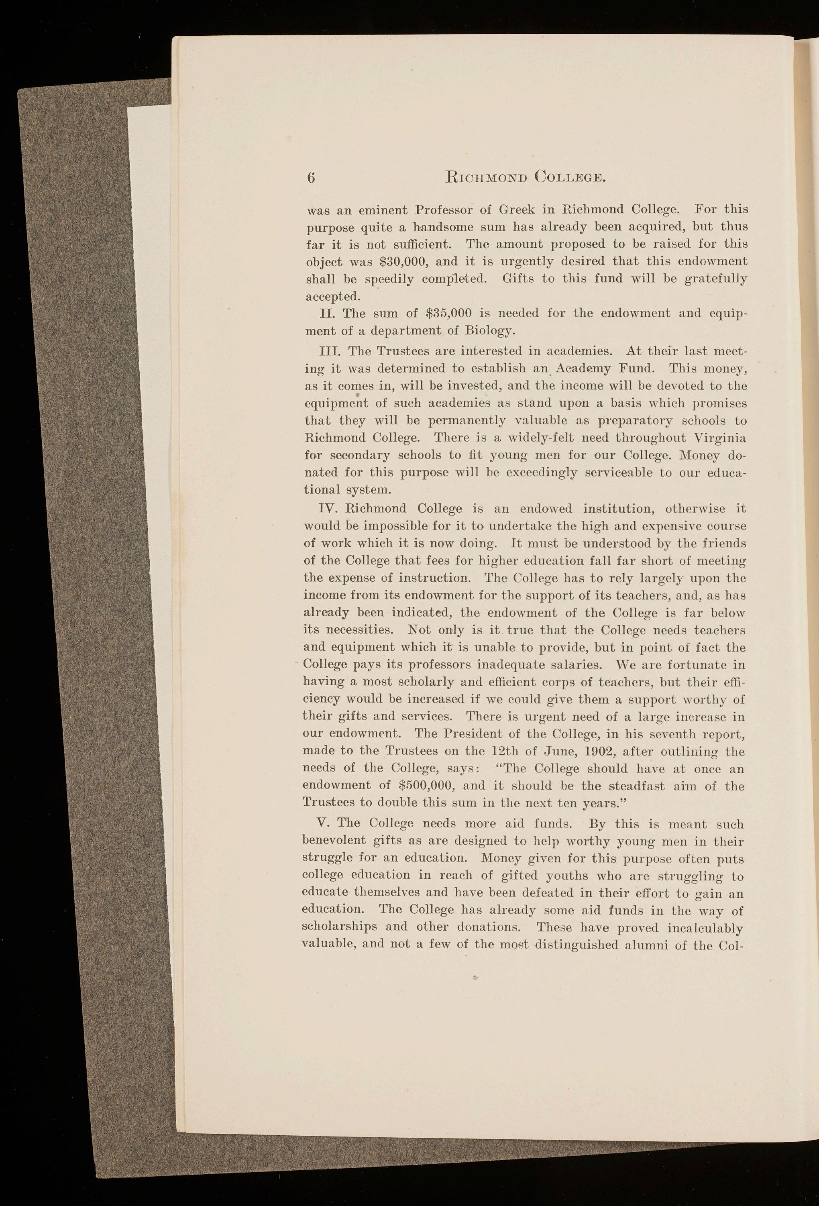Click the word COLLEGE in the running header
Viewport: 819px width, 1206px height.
click(x=570, y=177)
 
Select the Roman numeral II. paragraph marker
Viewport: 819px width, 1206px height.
click(x=328, y=314)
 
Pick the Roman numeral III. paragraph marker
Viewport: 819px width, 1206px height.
click(x=329, y=351)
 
